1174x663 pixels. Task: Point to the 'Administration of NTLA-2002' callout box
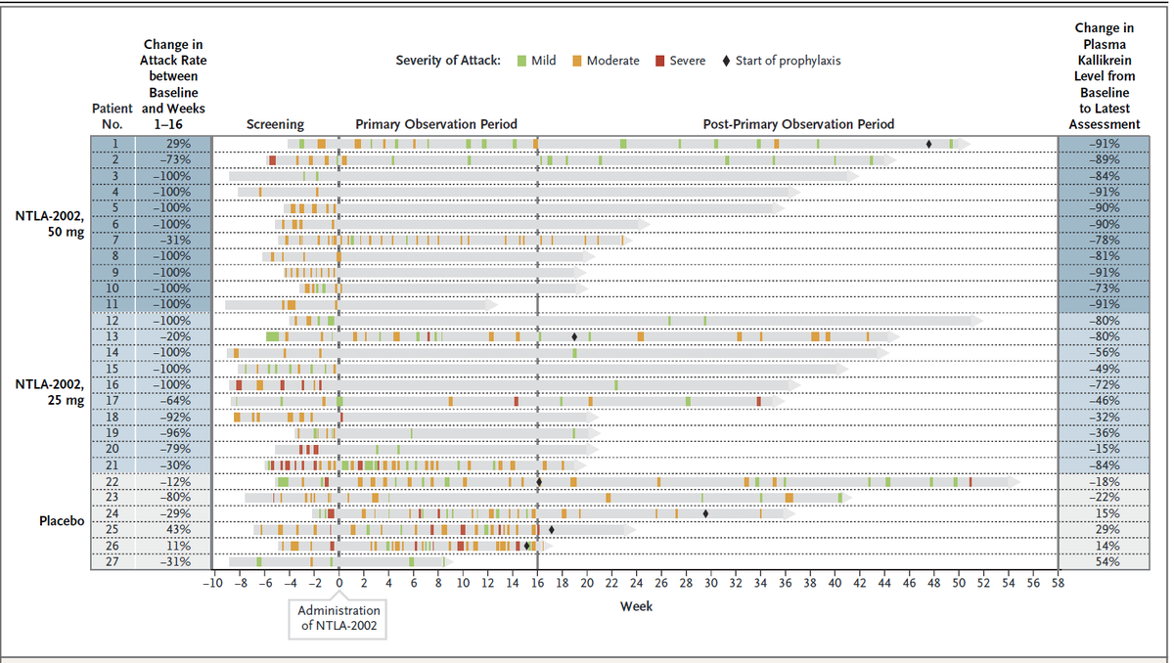pos(338,618)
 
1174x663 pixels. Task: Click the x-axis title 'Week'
pos(636,606)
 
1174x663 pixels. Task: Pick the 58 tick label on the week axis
pos(1058,584)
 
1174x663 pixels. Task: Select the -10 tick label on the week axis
pos(212,584)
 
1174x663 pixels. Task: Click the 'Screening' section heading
pos(275,124)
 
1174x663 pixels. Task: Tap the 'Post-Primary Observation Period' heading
pos(798,124)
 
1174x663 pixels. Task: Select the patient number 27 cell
pos(111,561)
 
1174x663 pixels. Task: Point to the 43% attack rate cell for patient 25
pos(171,529)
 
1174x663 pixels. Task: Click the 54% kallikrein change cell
pos(1105,561)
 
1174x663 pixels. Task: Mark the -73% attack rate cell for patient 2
pos(171,159)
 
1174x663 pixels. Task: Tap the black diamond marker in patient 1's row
pos(928,144)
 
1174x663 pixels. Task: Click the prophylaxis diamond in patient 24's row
pos(705,512)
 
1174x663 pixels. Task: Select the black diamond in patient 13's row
pos(575,336)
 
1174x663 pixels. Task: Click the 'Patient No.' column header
pos(111,116)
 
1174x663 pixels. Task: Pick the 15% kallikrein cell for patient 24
pos(1105,513)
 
